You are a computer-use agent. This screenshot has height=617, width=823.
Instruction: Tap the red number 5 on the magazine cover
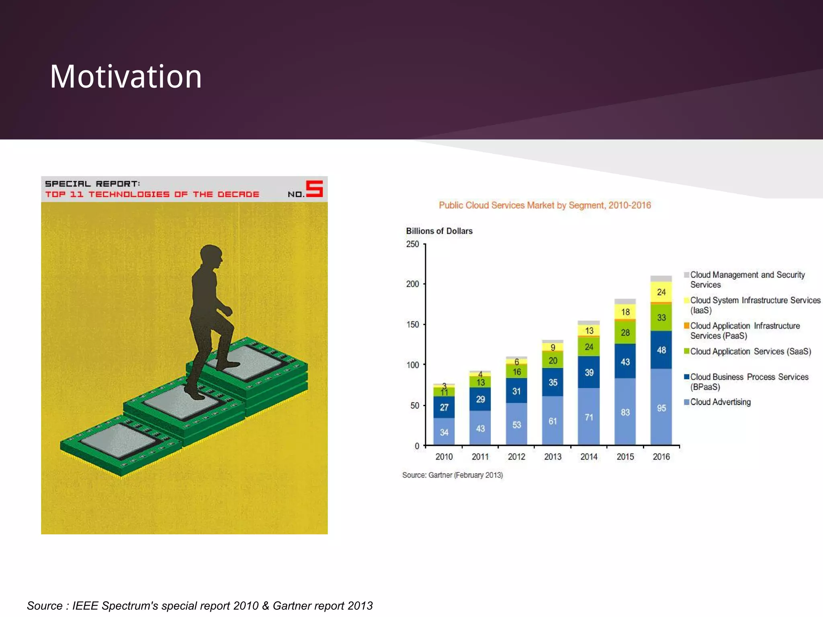coord(314,189)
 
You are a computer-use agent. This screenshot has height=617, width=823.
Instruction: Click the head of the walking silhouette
coord(211,256)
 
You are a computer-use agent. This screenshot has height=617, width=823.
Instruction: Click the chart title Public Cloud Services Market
coord(545,205)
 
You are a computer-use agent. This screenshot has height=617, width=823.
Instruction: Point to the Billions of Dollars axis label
coord(439,231)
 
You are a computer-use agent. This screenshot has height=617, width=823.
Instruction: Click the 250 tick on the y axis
coord(412,244)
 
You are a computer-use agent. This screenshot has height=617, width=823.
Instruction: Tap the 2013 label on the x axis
coord(553,457)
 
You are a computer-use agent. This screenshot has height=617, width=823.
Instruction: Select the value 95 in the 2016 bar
coord(661,408)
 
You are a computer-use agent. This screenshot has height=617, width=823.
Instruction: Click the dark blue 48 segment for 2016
coord(661,350)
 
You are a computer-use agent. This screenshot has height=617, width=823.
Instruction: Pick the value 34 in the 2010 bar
coord(444,432)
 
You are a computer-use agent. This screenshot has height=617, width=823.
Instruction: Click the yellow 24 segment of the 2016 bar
coord(661,292)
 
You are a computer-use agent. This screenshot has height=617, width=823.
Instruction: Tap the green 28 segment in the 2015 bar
coord(625,333)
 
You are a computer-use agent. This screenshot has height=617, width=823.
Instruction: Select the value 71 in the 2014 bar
coord(589,417)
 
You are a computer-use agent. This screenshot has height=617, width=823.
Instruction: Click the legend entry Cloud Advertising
coord(720,402)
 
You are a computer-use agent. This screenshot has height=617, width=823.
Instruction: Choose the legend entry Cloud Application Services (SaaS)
coord(750,351)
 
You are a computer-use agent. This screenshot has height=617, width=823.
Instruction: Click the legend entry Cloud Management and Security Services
coord(747,280)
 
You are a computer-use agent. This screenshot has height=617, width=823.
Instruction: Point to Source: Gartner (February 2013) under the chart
coord(452,475)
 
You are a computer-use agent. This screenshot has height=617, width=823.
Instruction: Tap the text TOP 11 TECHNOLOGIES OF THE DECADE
coord(152,194)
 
